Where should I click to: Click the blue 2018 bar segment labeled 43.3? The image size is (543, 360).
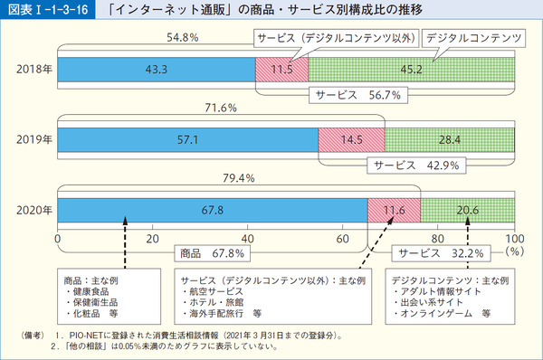pos(157,69)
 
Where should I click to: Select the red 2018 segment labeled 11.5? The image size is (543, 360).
pos(282,69)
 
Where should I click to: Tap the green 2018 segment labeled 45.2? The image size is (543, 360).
pos(411,69)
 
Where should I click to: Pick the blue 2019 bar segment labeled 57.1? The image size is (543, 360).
pos(188,140)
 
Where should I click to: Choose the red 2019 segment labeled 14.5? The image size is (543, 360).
pos(352,140)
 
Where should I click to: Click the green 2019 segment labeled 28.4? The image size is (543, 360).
pos(449,140)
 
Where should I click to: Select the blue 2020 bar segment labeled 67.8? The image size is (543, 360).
pos(213,211)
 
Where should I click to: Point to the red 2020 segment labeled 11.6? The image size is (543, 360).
pos(394,211)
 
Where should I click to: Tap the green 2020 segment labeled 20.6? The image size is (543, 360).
pos(467,211)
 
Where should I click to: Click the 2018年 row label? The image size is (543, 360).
pos(33,69)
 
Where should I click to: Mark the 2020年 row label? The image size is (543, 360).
pos(33,211)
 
